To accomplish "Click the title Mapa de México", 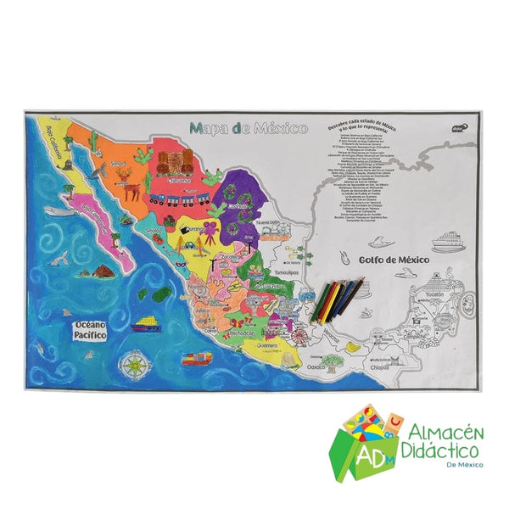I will pyautogui.click(x=248, y=129).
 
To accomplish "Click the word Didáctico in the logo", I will pyautogui.click(x=446, y=451).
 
